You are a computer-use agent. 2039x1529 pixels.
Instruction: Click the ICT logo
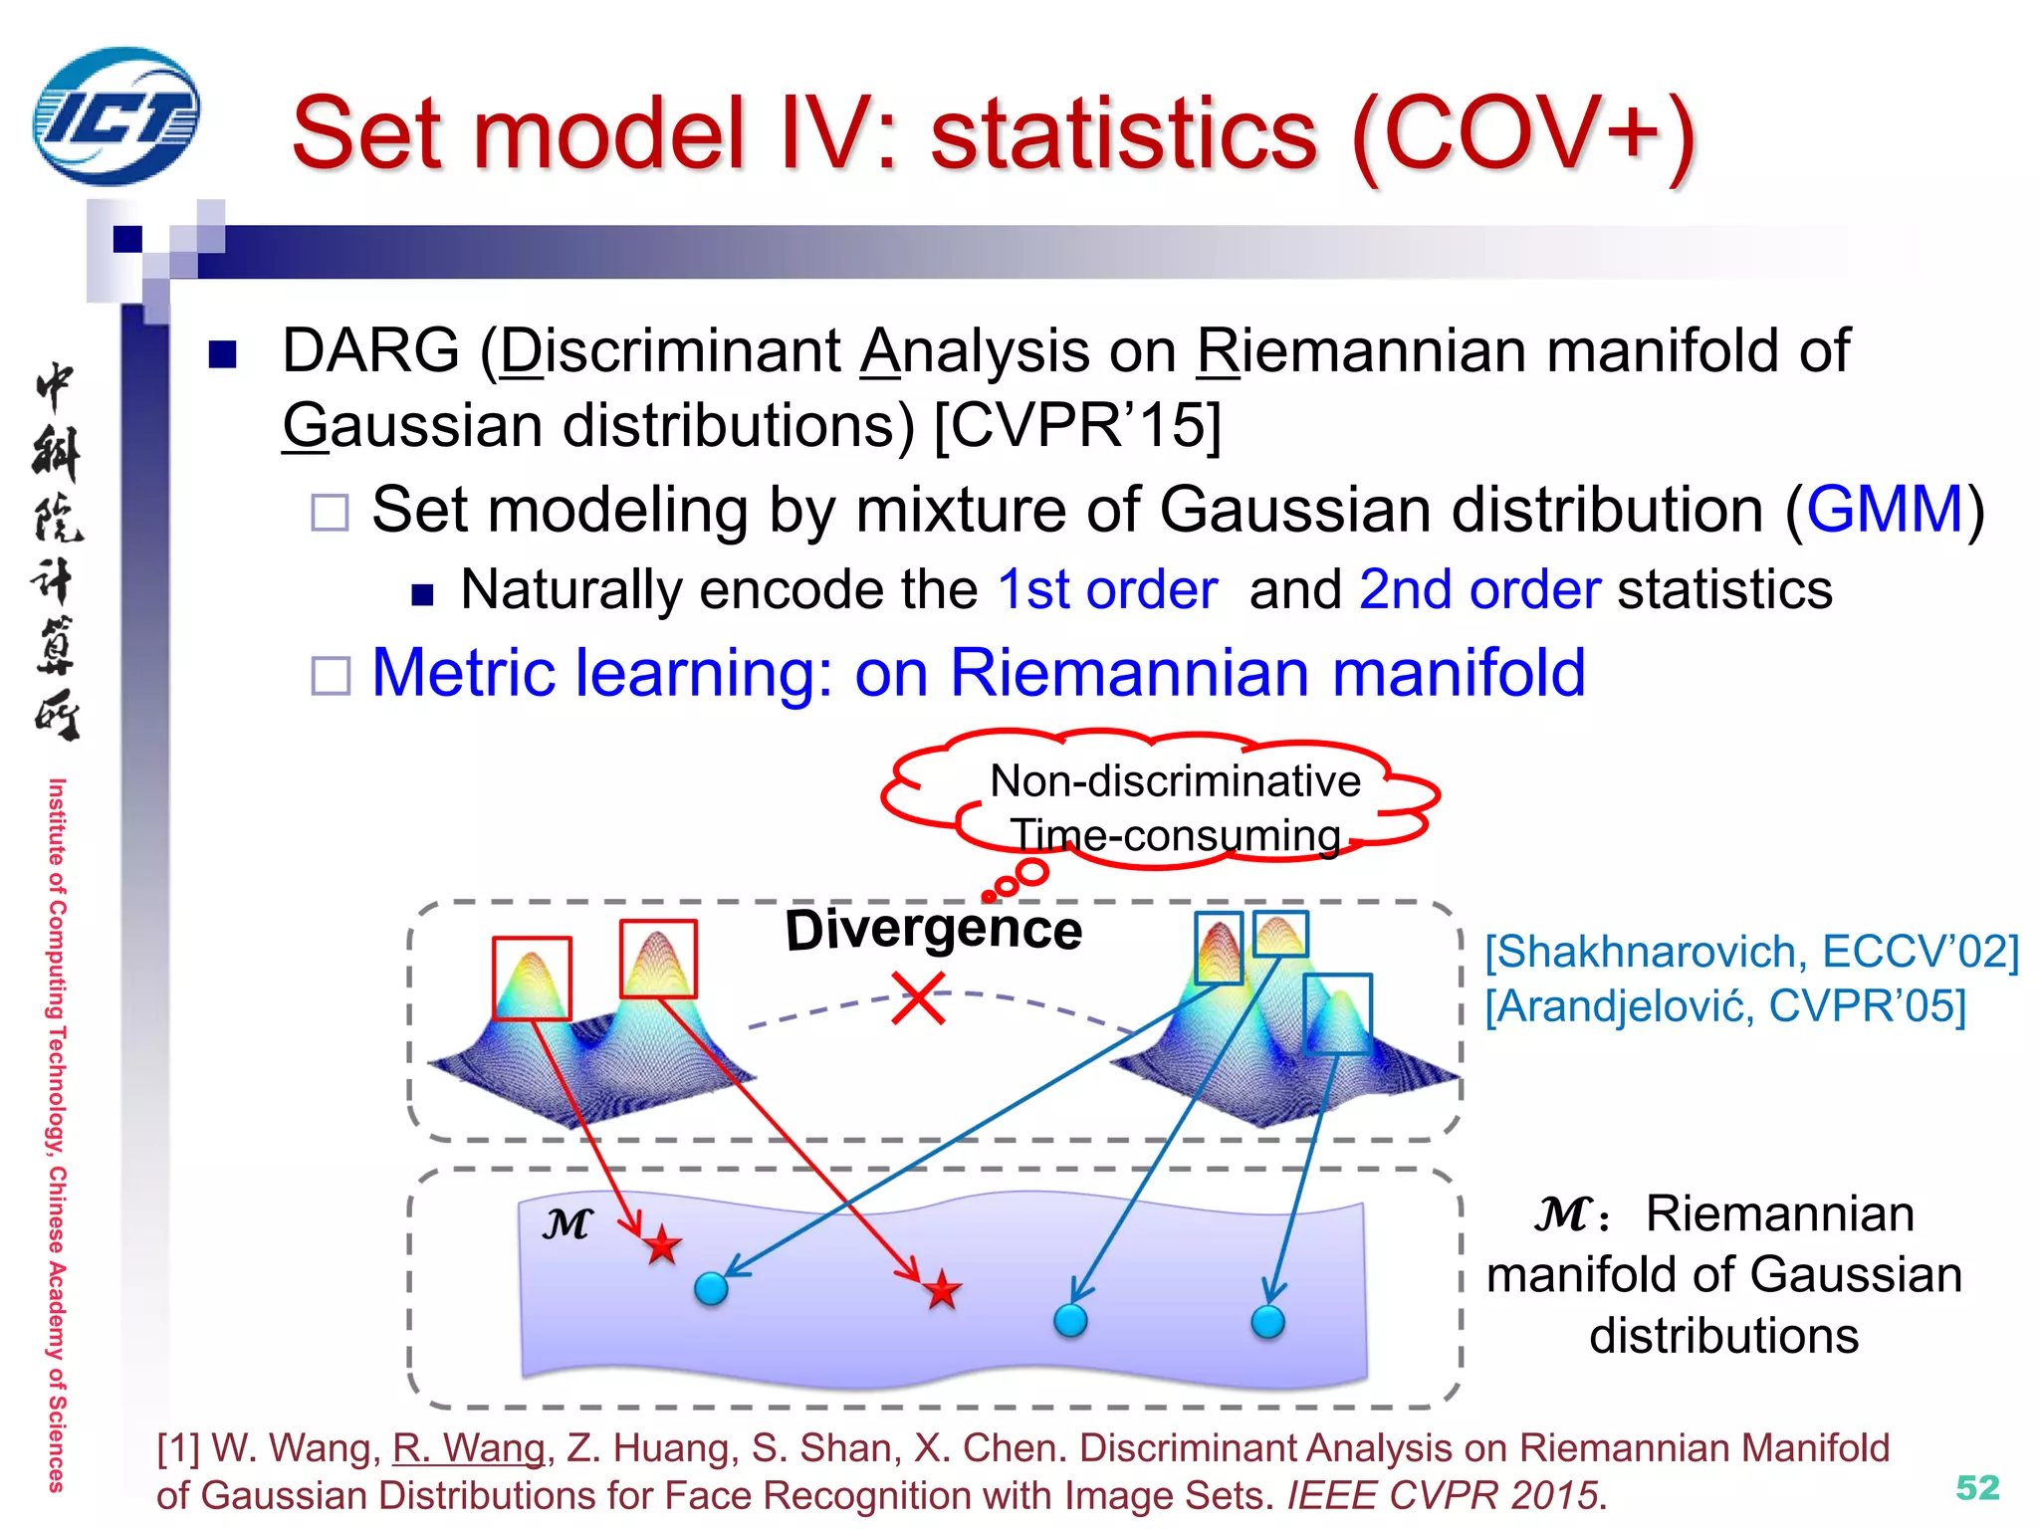tap(115, 117)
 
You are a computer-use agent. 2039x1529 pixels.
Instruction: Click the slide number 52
tap(1977, 1487)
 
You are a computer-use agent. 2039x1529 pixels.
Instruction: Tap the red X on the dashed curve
tap(918, 998)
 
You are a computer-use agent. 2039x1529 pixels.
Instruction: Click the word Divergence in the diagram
tap(933, 930)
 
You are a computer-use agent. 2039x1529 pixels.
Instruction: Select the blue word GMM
tap(1885, 510)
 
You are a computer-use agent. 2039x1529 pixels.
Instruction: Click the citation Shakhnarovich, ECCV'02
tap(1751, 952)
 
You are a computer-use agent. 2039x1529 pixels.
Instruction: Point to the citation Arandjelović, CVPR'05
tap(1725, 1005)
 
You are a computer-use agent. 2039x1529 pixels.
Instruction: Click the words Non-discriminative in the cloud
tap(1175, 781)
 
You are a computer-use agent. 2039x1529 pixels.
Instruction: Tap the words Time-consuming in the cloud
tap(1175, 835)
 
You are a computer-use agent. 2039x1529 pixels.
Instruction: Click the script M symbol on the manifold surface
tap(567, 1223)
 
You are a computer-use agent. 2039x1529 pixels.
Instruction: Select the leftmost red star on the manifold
tap(662, 1245)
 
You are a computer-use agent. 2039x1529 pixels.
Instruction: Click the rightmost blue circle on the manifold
tap(1267, 1322)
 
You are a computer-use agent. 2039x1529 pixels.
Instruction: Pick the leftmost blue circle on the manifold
tap(711, 1288)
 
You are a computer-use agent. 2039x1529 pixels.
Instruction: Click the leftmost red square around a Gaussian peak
tap(532, 978)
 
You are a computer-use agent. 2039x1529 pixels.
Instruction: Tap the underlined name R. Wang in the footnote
tap(469, 1448)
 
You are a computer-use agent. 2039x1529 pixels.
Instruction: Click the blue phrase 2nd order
tap(1479, 589)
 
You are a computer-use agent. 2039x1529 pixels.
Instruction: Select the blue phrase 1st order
tap(1107, 589)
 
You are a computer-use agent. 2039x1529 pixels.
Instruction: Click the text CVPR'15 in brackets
tap(1077, 426)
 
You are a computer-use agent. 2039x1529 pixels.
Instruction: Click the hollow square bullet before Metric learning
tap(331, 676)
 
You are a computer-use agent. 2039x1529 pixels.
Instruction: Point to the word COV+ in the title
tap(1523, 134)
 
